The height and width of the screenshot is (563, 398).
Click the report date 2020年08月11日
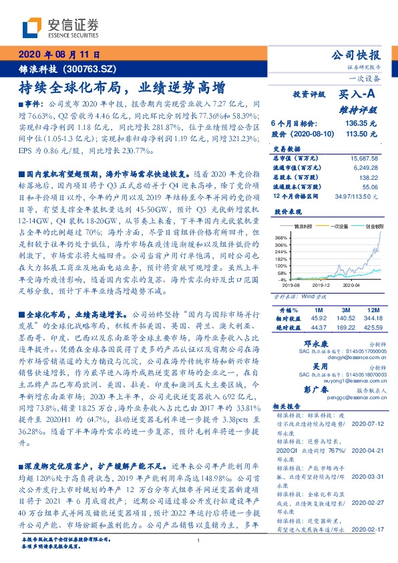pos(57,55)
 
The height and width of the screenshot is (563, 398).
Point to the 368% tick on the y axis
pos(281,237)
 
